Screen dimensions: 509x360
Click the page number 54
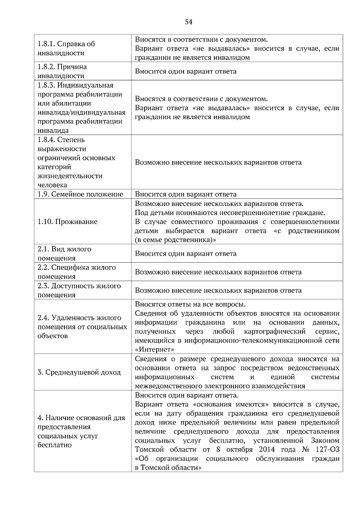[x=188, y=22]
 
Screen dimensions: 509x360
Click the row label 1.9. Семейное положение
[x=80, y=194]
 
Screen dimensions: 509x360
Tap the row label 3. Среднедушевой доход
[x=79, y=372]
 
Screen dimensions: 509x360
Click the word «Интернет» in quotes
[x=155, y=350]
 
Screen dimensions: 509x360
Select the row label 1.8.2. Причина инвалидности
[x=62, y=71]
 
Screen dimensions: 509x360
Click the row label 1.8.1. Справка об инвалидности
[x=66, y=48]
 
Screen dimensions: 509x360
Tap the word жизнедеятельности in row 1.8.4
[x=70, y=176]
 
